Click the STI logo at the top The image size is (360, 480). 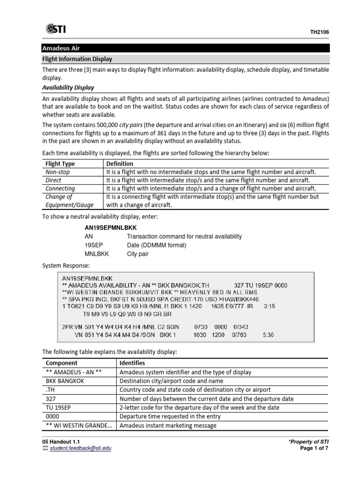56,30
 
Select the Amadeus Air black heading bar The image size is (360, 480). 185,48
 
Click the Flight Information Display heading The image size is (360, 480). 77,59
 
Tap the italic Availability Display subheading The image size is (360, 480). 68,88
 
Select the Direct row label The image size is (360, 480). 53,180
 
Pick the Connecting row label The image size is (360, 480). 60,188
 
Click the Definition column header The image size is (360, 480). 120,164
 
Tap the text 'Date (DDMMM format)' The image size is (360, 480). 157,246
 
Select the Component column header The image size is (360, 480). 61,363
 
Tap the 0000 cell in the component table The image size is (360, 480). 52,416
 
